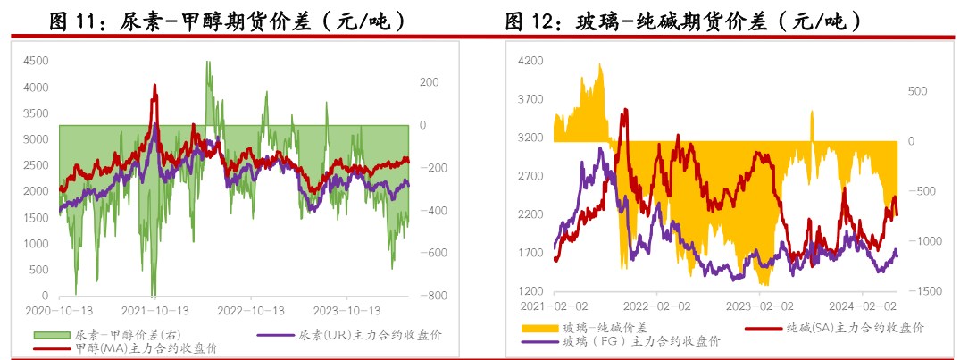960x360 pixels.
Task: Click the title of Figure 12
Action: tap(683, 20)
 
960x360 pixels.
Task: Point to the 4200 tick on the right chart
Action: tap(530, 61)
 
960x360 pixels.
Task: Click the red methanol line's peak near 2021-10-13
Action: tap(154, 86)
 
